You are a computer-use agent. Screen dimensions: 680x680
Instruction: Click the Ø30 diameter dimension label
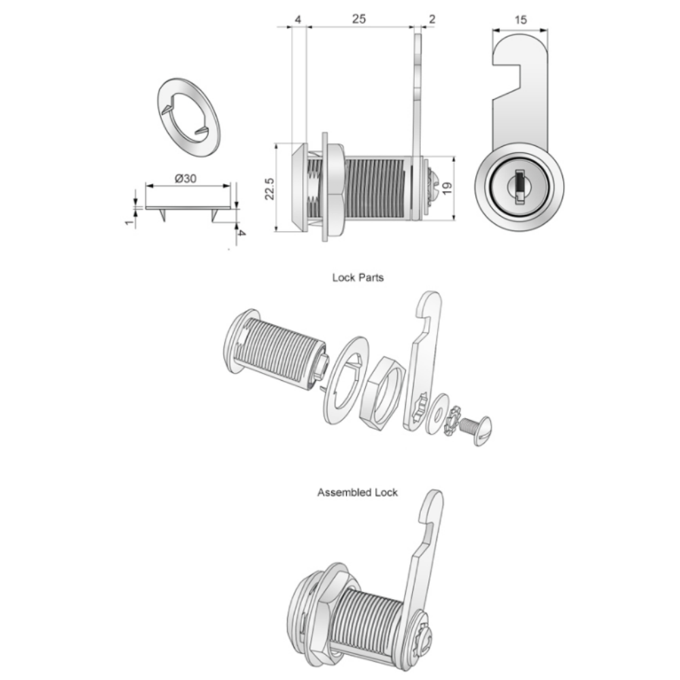coord(186,178)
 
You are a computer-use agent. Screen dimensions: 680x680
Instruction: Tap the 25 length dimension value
coord(359,20)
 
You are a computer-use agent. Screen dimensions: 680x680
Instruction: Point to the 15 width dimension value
coord(520,20)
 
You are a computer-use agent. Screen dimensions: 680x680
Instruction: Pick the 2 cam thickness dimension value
coord(433,20)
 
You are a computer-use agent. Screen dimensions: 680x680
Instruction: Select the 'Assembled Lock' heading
coord(357,492)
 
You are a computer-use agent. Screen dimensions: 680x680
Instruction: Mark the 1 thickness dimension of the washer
coord(129,222)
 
